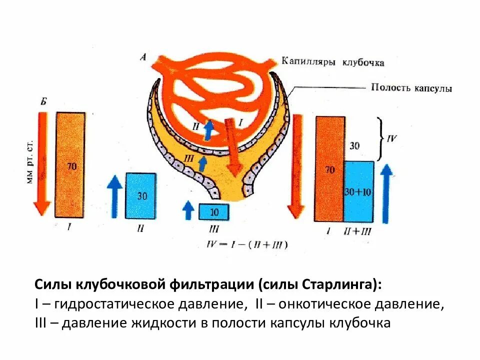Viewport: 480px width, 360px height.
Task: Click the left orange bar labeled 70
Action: click(x=70, y=165)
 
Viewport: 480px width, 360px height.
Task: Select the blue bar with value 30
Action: click(x=140, y=195)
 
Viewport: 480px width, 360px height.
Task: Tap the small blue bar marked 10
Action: click(x=214, y=212)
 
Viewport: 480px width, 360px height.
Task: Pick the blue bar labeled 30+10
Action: click(x=358, y=191)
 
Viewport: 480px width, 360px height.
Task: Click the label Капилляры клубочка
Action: click(x=332, y=62)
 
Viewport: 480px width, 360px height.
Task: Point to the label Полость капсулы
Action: click(x=411, y=88)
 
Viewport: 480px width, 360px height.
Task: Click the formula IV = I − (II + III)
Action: click(x=247, y=244)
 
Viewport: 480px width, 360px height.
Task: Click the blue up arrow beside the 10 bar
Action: click(x=188, y=209)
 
